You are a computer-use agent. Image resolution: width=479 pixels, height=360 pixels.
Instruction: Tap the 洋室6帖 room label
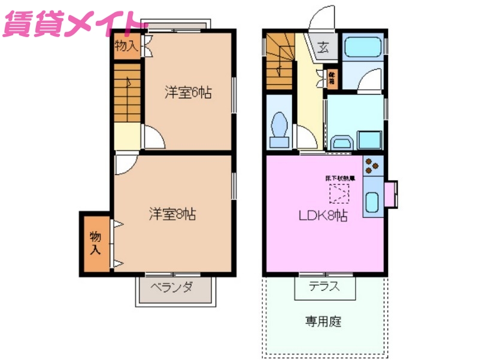coord(188,93)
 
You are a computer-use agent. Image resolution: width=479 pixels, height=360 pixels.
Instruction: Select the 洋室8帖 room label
coord(172,213)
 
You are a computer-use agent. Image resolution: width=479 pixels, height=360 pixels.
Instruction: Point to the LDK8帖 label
coord(323,216)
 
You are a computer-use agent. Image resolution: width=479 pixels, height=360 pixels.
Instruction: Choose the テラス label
coord(325,286)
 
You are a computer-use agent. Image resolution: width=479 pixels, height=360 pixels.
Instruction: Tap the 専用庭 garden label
coord(323,322)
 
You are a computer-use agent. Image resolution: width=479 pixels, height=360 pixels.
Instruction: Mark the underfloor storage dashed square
coord(340,193)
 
